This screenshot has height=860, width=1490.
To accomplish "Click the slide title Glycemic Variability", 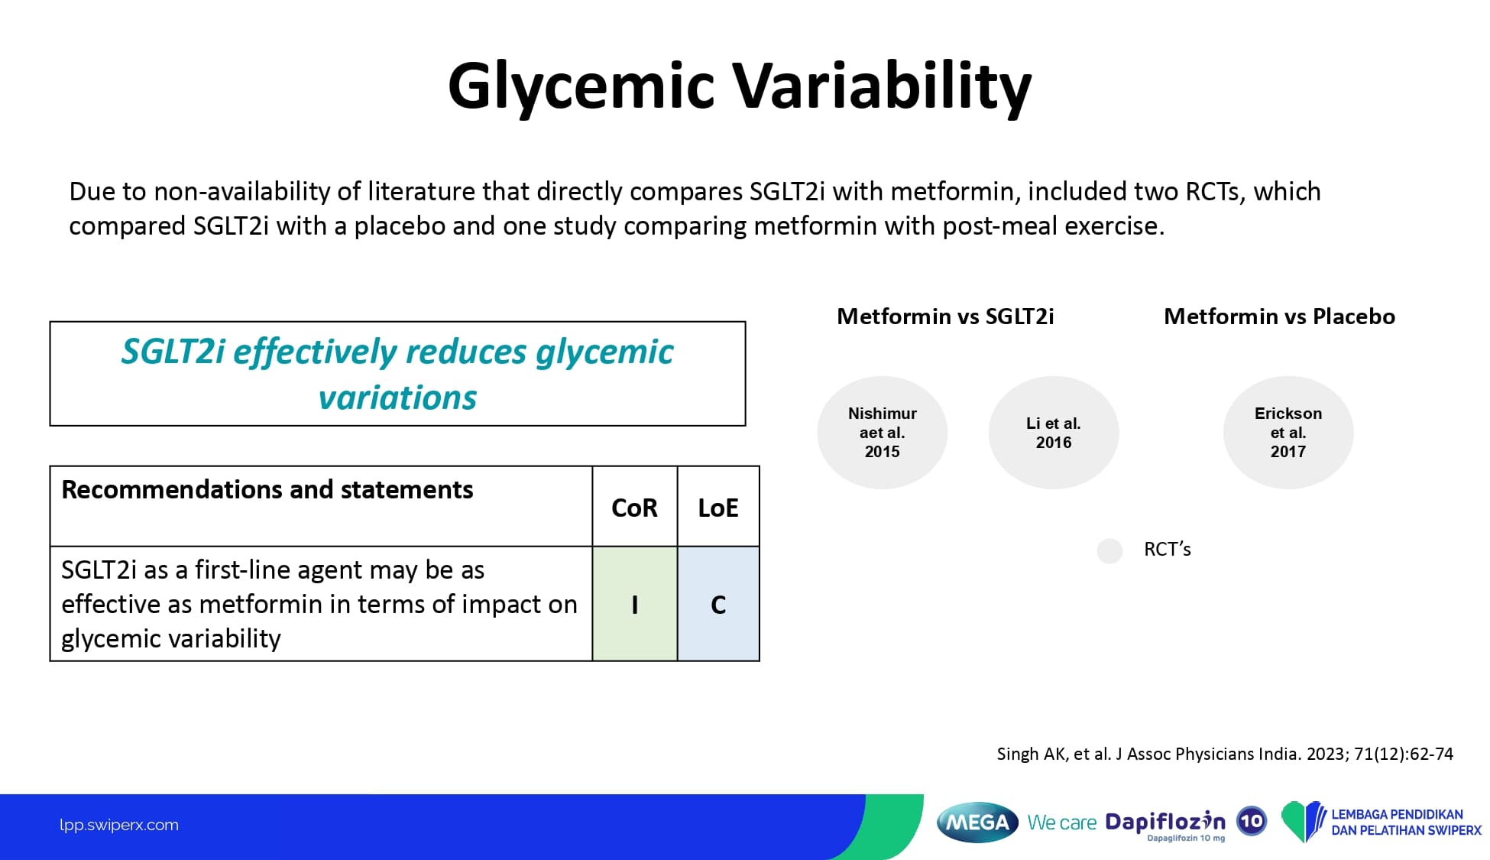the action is [x=740, y=86].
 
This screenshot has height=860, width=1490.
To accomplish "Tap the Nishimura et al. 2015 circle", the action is [x=883, y=433].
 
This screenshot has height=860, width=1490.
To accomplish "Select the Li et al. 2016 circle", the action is [x=1054, y=433].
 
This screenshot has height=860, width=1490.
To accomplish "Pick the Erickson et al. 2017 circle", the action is [x=1288, y=433].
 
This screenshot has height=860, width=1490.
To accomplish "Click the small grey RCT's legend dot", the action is [x=1109, y=550].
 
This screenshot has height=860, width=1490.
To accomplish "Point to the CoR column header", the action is [x=634, y=508].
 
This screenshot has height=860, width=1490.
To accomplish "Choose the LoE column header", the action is [x=718, y=508].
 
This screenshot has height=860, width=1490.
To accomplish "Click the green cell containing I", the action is [x=635, y=604].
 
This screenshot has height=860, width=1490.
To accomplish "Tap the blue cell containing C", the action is [x=718, y=604].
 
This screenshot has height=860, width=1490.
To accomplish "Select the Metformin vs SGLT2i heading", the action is [x=945, y=316].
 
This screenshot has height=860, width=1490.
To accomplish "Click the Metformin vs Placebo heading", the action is [x=1279, y=316].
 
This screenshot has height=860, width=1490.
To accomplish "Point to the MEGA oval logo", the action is [x=977, y=823].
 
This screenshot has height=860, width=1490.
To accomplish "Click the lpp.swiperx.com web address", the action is [x=119, y=825].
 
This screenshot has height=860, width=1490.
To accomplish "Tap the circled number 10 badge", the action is [x=1252, y=822].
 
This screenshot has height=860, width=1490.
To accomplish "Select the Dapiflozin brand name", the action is [x=1165, y=822].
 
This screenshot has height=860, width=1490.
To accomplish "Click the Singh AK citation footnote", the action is [x=1225, y=755].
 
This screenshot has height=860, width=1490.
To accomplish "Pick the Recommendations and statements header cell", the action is [x=321, y=506].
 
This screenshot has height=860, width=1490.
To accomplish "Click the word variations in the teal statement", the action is [x=397, y=398].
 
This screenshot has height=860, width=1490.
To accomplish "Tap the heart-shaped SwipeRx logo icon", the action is [x=1304, y=822].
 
